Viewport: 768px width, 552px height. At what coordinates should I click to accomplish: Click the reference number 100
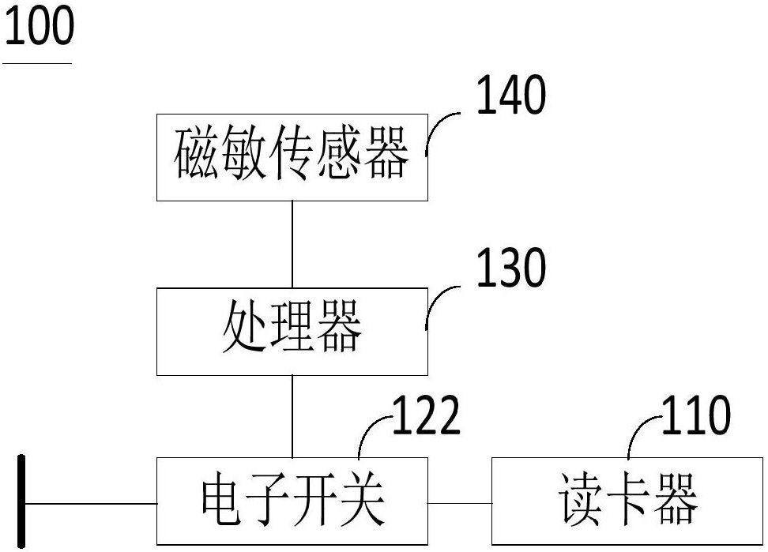pos(39,27)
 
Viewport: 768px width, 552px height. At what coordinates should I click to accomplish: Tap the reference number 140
pos(510,96)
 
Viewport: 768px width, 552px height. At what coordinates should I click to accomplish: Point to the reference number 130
pos(510,269)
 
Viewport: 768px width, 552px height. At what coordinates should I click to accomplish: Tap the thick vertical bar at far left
pos(22,501)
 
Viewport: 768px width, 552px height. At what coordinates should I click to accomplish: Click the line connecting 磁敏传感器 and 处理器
pos(292,244)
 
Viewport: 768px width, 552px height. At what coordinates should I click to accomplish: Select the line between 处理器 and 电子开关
pos(292,416)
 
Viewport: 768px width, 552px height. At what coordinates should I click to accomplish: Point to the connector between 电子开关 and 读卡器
pos(459,502)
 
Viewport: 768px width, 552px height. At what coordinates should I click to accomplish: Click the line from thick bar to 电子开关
pos(91,503)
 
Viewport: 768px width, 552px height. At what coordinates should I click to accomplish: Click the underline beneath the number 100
pos(37,62)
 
